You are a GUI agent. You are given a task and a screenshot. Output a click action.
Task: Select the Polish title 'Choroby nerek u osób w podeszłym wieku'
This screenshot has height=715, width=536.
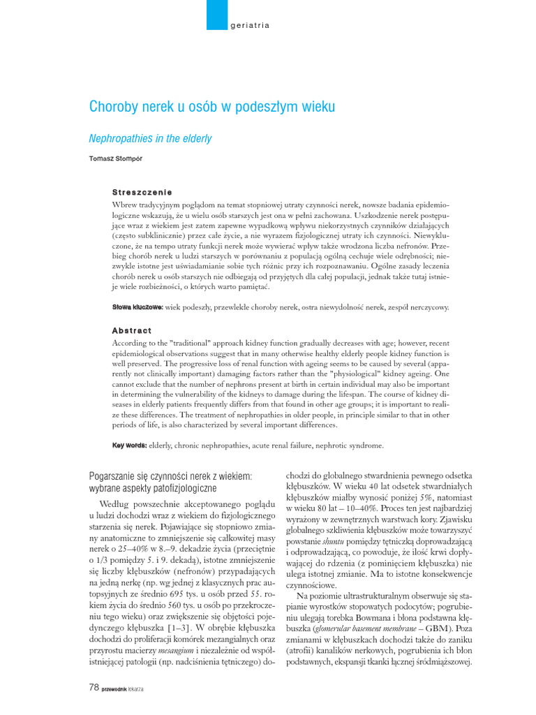pos(212,107)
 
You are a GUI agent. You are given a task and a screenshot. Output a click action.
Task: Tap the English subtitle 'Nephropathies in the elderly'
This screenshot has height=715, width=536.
pos(150,138)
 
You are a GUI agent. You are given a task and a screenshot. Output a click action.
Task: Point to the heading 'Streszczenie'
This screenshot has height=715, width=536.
pos(142,192)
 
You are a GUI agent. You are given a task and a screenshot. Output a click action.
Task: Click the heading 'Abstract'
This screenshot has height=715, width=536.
pos(132,330)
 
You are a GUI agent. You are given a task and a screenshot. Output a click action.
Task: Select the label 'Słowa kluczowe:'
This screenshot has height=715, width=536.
pos(137,307)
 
